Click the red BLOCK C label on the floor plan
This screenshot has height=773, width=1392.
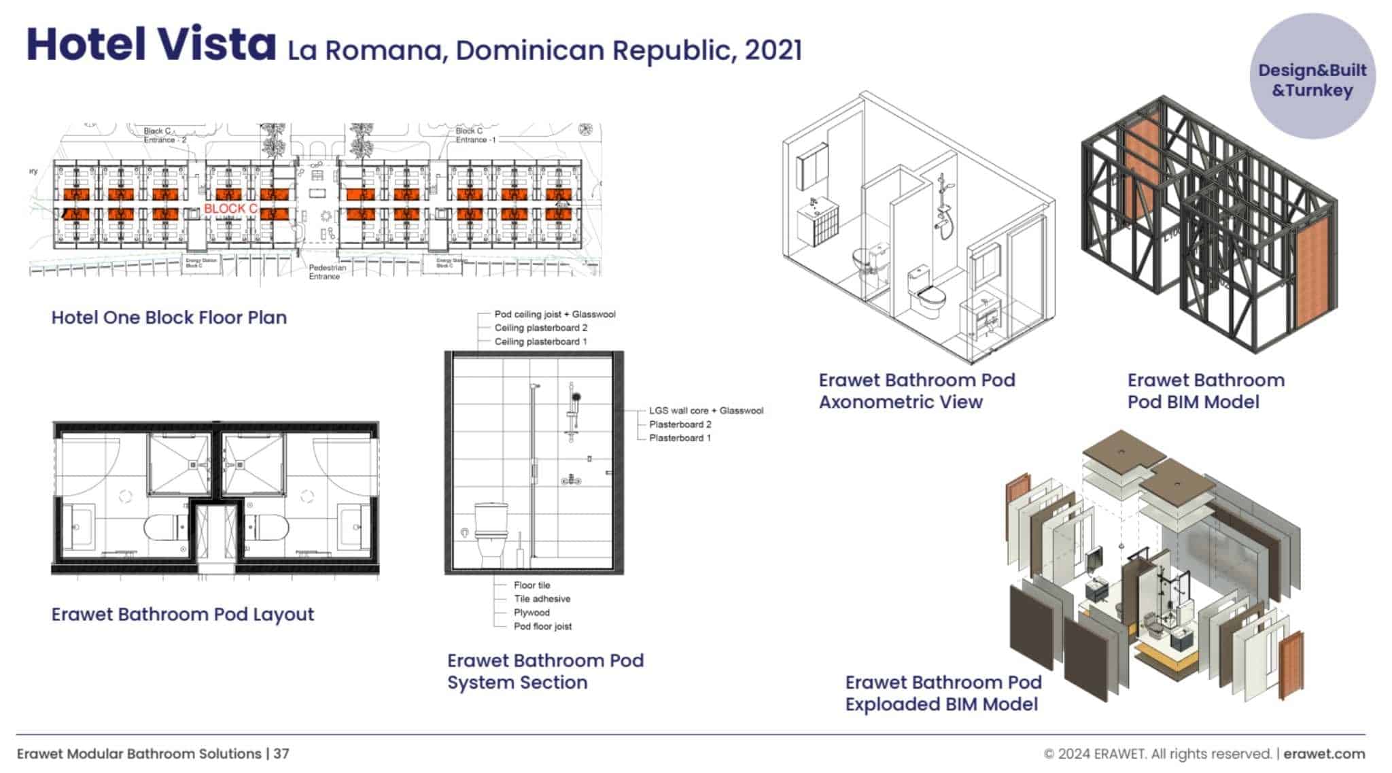[230, 209]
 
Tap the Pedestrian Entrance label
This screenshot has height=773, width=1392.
[328, 272]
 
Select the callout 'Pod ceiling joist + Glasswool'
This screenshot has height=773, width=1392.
[555, 314]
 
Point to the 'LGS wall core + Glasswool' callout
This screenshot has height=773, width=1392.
[706, 411]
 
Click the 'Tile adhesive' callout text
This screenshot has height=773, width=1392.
[542, 599]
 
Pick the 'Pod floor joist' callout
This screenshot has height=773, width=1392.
[542, 626]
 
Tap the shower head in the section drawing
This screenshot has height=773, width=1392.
[576, 397]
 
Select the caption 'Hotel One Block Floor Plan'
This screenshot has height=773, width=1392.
[169, 317]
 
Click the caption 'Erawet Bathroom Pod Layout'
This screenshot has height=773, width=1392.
[183, 615]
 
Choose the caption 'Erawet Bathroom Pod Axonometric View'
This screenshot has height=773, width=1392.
[916, 391]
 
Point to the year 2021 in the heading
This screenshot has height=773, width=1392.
[773, 50]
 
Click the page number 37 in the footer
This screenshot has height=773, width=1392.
[281, 754]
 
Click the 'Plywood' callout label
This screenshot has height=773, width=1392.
[532, 613]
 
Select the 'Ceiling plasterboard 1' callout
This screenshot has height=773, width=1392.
[540, 341]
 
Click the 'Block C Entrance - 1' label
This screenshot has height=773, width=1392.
[475, 135]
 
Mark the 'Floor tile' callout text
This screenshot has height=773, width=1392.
[532, 585]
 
